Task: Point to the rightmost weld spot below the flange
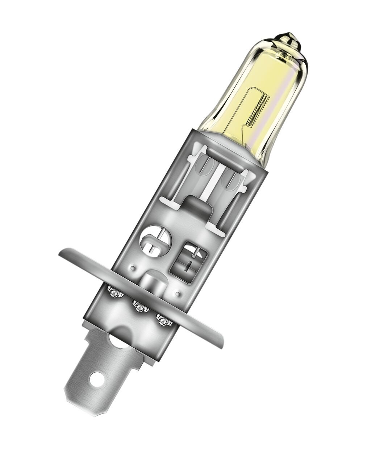(x=162, y=319)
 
